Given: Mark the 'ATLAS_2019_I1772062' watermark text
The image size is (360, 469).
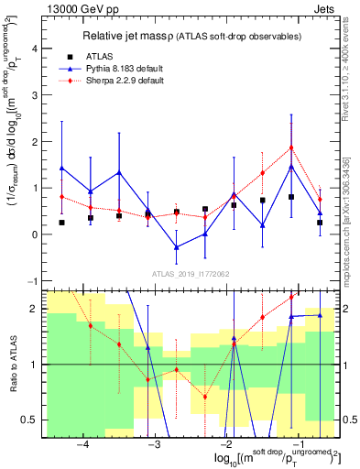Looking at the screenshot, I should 191,273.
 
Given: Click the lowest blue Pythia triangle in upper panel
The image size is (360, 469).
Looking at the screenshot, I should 177,247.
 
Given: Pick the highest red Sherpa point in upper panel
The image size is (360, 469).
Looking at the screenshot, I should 291,147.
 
